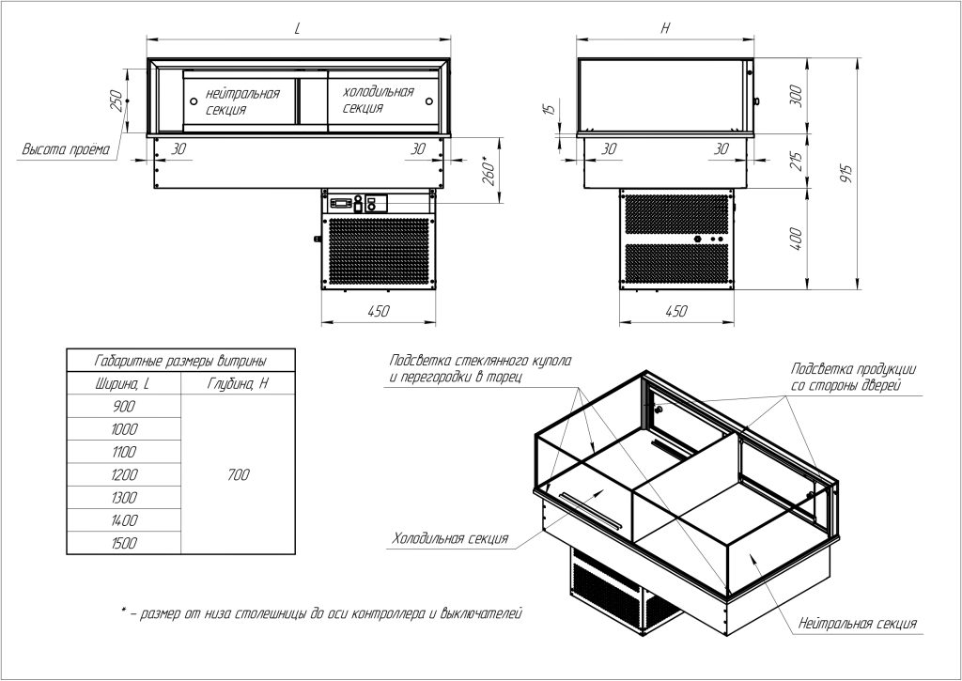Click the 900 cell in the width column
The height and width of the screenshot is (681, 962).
pyautogui.click(x=124, y=406)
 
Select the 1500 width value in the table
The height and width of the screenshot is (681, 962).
pyautogui.click(x=124, y=543)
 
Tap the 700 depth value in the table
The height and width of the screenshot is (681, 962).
pyautogui.click(x=238, y=474)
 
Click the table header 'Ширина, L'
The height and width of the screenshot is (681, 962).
pyautogui.click(x=123, y=384)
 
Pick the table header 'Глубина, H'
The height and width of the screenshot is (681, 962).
pyautogui.click(x=238, y=384)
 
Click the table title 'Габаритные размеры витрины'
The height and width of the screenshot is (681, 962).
pyautogui.click(x=180, y=361)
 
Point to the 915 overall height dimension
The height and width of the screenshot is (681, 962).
pyautogui.click(x=846, y=176)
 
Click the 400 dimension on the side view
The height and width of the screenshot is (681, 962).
pyautogui.click(x=796, y=240)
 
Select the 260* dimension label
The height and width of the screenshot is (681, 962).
pyautogui.click(x=489, y=172)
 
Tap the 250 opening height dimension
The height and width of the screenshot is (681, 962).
pyautogui.click(x=116, y=101)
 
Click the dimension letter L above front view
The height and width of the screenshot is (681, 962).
pyautogui.click(x=298, y=29)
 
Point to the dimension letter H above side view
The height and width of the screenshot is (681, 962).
pyautogui.click(x=666, y=29)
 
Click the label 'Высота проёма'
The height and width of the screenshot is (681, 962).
pyautogui.click(x=67, y=149)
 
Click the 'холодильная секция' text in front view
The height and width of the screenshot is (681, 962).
pyautogui.click(x=379, y=100)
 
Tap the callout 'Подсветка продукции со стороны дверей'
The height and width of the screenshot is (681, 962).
pyautogui.click(x=853, y=377)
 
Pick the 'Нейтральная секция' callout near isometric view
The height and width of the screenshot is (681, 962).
pyautogui.click(x=858, y=624)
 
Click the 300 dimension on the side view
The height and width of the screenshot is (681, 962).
pyautogui.click(x=796, y=95)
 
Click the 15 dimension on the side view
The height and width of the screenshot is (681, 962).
pyautogui.click(x=551, y=109)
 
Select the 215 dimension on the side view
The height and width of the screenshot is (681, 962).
pyautogui.click(x=796, y=161)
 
